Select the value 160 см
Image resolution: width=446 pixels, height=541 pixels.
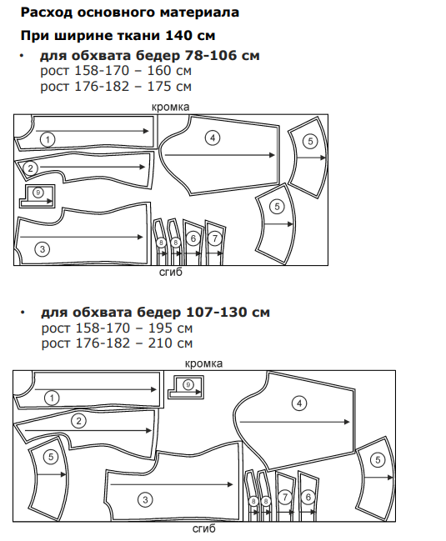point(169,71)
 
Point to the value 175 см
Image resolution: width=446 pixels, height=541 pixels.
point(169,86)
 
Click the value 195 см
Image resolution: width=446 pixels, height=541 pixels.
point(170,328)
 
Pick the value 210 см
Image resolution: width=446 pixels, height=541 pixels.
point(170,343)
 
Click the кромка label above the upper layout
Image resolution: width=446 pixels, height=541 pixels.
point(170,108)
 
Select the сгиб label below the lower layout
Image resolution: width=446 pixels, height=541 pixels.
point(204,528)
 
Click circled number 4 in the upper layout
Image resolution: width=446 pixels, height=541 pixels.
point(213,138)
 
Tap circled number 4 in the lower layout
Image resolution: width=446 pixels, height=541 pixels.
point(299,403)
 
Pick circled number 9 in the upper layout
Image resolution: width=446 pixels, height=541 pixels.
point(38,193)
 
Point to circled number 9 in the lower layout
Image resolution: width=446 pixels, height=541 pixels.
point(188,384)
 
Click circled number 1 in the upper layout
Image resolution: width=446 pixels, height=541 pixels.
point(48,140)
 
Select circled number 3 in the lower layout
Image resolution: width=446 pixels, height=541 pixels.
point(145,499)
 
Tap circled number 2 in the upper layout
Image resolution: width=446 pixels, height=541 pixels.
point(30,168)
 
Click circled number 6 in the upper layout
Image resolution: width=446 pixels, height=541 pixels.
point(193,238)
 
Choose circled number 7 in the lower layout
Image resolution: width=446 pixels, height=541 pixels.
point(285,497)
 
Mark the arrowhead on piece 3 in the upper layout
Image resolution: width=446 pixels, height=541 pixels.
point(140,237)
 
